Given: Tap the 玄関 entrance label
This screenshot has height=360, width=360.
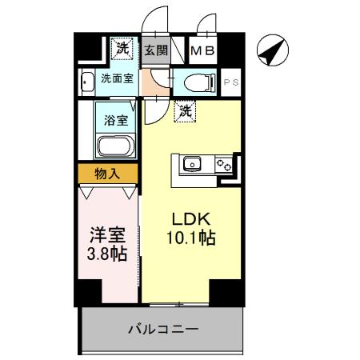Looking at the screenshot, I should [x=155, y=50].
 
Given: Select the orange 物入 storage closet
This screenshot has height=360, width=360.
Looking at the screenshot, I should [x=108, y=174].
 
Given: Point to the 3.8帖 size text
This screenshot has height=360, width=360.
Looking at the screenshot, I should [x=106, y=257].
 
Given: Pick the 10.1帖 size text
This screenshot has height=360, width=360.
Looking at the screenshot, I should [x=190, y=238].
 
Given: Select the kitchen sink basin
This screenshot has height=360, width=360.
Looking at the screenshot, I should [x=192, y=166].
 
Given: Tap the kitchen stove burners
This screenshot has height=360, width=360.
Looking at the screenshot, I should [x=222, y=166].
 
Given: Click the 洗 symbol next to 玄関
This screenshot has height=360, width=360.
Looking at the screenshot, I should [x=122, y=49].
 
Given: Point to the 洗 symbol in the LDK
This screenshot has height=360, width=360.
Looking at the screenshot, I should [x=185, y=110].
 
